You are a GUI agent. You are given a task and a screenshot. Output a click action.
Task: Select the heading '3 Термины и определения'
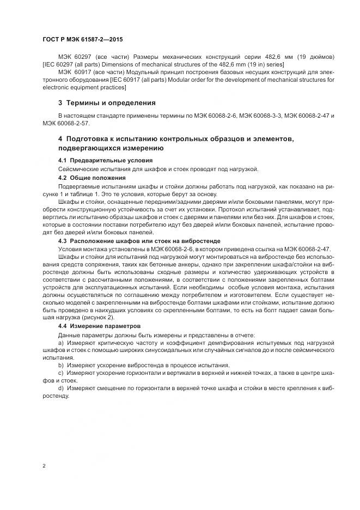(x=107, y=102)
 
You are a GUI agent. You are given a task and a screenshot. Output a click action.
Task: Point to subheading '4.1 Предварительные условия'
(x=105, y=161)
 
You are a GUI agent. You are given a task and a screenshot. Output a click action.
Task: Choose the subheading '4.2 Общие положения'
(x=91, y=178)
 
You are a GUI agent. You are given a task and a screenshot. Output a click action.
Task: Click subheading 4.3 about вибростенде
(x=135, y=240)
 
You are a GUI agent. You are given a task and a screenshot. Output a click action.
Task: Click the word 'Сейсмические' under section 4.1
(x=78, y=169)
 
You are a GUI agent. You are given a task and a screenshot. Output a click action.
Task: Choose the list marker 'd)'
(x=61, y=387)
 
